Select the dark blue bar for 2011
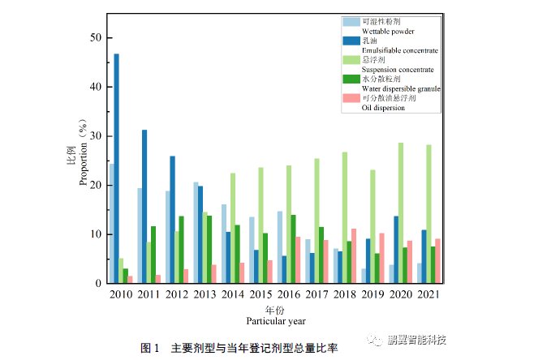[144, 207]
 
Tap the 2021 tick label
[427, 294]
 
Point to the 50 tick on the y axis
[96, 38]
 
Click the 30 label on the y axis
[96, 136]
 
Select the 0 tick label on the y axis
[98, 284]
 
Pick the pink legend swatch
[351, 98]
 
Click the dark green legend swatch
[351, 79]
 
